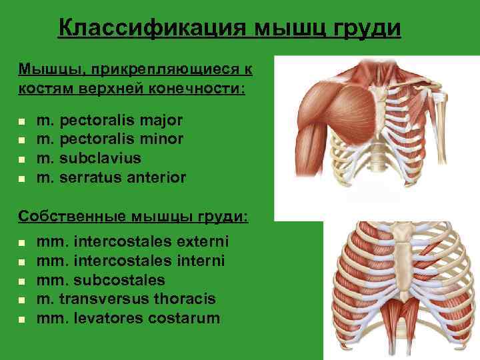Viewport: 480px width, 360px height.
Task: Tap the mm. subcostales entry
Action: [x=101, y=279]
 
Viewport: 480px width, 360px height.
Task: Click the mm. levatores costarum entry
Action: [x=129, y=317]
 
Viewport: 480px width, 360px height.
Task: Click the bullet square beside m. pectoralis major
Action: [x=22, y=122]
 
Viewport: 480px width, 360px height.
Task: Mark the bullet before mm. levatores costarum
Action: [x=22, y=319]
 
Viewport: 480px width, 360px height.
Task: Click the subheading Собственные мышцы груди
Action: [x=134, y=217]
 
